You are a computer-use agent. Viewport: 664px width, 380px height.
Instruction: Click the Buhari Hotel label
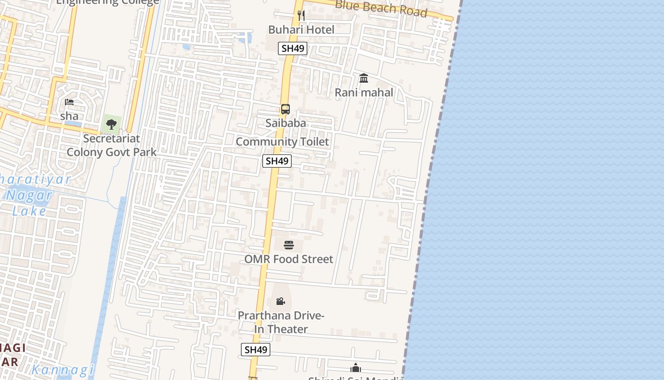pyautogui.click(x=301, y=29)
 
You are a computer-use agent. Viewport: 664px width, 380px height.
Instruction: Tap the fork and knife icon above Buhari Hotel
pyautogui.click(x=301, y=15)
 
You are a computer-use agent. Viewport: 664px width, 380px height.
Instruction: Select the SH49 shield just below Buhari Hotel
pyautogui.click(x=293, y=48)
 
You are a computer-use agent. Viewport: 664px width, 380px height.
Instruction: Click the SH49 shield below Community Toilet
pyautogui.click(x=277, y=161)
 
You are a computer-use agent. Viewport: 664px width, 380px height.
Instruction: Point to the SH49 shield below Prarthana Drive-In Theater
pyautogui.click(x=256, y=350)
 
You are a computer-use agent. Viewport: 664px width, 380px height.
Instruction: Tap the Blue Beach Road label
pyautogui.click(x=381, y=9)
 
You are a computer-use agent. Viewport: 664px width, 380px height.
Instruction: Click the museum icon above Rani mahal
pyautogui.click(x=364, y=78)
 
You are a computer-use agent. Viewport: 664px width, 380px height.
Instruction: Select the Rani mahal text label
pyautogui.click(x=364, y=93)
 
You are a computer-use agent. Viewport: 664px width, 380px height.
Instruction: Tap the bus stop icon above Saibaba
pyautogui.click(x=285, y=109)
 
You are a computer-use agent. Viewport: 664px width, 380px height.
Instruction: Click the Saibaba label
pyautogui.click(x=286, y=123)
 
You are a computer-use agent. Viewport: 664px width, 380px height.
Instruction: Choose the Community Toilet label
pyautogui.click(x=282, y=142)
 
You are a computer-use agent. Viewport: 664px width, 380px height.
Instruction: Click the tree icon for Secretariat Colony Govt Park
pyautogui.click(x=111, y=125)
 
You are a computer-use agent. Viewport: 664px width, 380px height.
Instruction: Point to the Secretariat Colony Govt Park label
pyautogui.click(x=111, y=145)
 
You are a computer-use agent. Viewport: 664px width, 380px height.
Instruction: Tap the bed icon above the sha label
pyautogui.click(x=69, y=102)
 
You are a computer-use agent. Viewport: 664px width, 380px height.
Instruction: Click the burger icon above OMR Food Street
pyautogui.click(x=289, y=245)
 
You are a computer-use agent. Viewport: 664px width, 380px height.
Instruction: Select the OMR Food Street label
pyautogui.click(x=289, y=259)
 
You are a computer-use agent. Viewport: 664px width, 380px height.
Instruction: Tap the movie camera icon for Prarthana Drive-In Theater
pyautogui.click(x=280, y=301)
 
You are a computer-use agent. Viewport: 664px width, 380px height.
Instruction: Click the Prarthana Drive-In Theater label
pyautogui.click(x=281, y=322)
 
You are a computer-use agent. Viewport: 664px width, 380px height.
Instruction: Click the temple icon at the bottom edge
pyautogui.click(x=356, y=368)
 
